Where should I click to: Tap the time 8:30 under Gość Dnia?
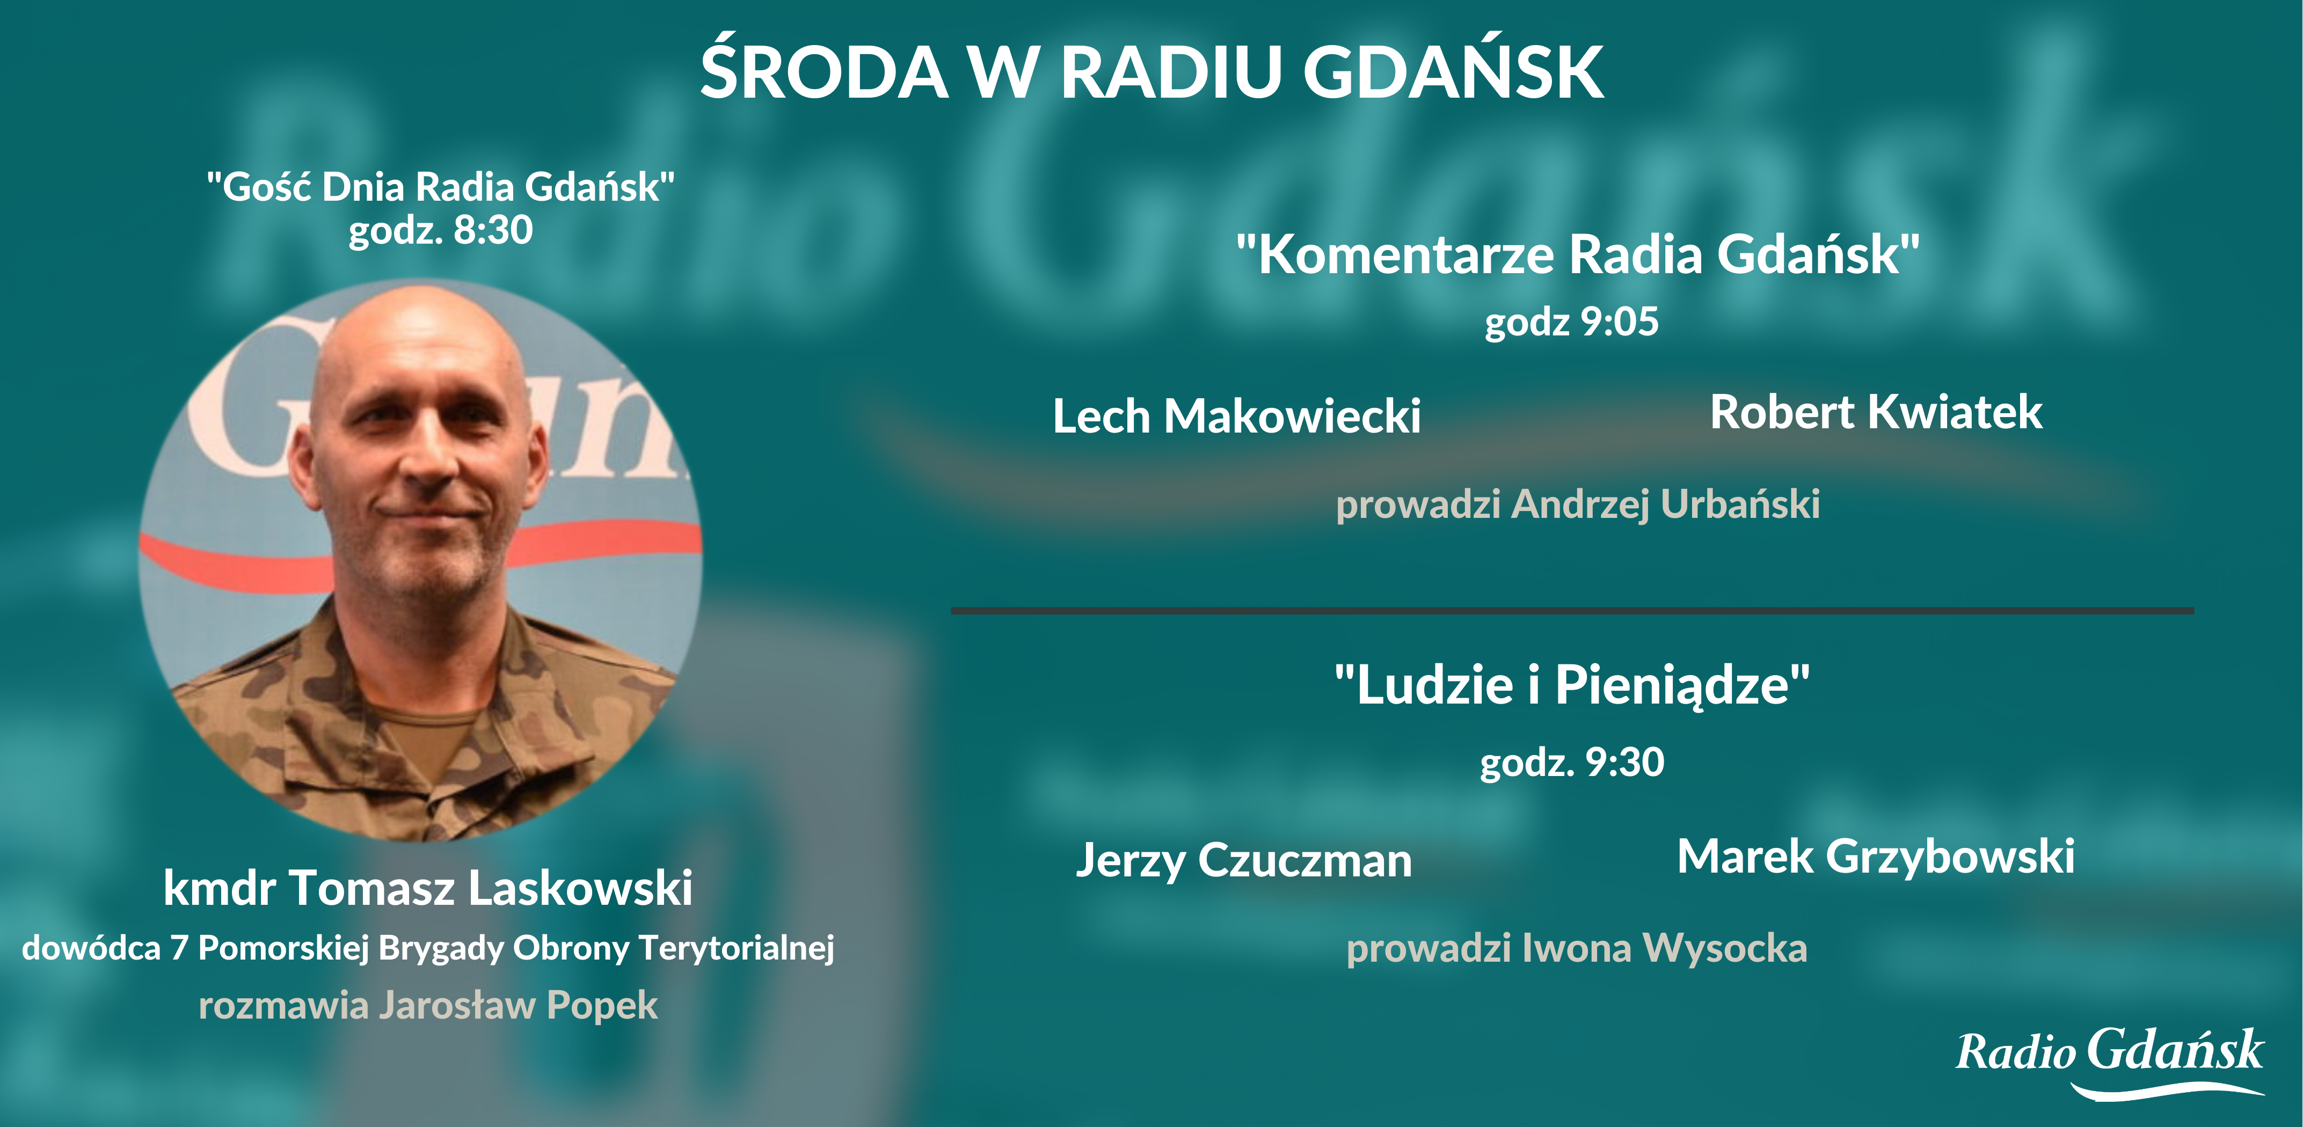click(493, 230)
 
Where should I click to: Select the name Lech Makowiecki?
click(1236, 415)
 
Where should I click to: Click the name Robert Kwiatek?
click(1876, 412)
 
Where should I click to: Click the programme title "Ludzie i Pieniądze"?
click(1572, 685)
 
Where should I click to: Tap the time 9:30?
click(1624, 762)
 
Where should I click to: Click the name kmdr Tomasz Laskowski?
click(427, 888)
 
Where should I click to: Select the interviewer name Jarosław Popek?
click(519, 1006)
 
